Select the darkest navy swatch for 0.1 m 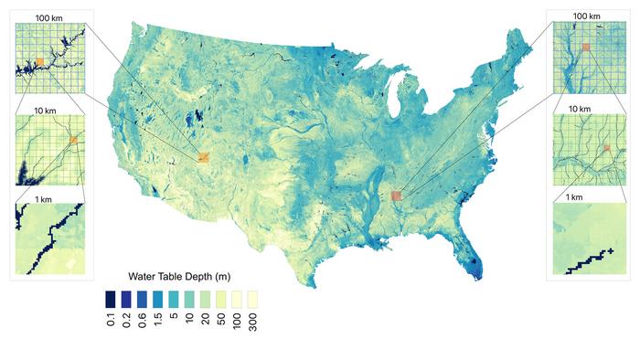click(111, 299)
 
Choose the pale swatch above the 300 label click(252, 299)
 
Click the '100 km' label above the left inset click(48, 16)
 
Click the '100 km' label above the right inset click(586, 16)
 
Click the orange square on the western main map click(205, 157)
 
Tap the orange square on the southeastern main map click(397, 195)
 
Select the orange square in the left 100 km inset click(39, 63)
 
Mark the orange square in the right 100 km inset click(586, 46)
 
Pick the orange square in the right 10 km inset click(605, 147)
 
